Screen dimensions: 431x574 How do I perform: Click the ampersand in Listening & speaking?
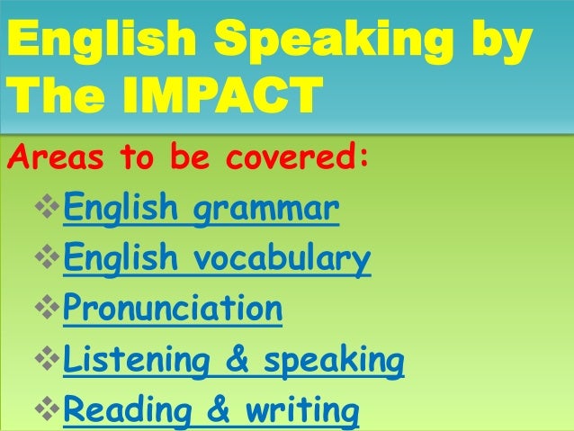[x=236, y=360]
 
